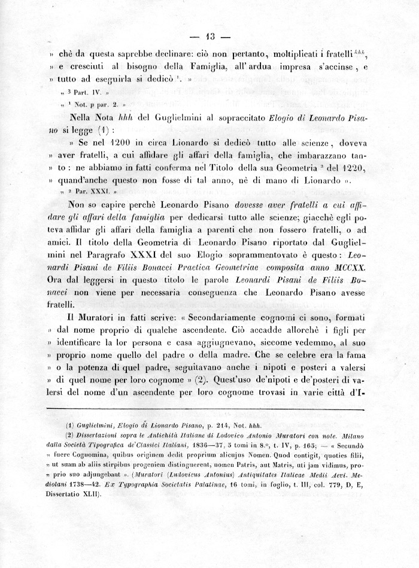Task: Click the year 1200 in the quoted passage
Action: (x=130, y=144)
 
